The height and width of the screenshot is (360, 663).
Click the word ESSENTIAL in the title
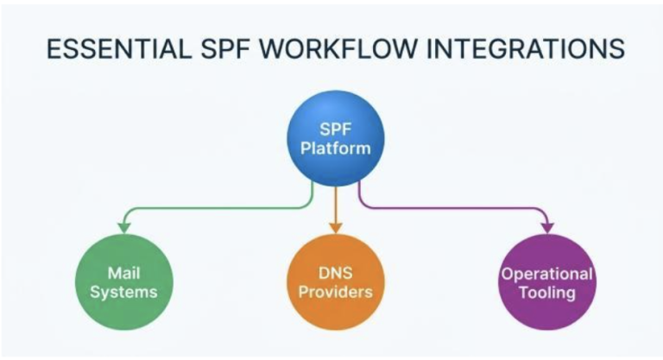coord(119,47)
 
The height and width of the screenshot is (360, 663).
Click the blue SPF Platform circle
coord(336,138)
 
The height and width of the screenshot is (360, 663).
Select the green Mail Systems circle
coord(124,282)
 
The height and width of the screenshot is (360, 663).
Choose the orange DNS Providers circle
coord(336,282)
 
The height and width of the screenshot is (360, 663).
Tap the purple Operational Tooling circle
coord(547,282)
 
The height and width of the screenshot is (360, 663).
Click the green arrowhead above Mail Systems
coord(124,228)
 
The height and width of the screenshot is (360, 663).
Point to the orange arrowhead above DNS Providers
coord(336,228)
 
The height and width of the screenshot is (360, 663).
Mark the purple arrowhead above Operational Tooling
coord(547,228)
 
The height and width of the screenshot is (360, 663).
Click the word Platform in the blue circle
coord(336,148)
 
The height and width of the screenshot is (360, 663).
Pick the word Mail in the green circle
coord(124,274)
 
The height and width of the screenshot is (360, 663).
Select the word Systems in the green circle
coord(124,293)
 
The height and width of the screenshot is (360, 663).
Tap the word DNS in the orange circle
coord(336,274)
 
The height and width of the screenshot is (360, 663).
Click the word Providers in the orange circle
coord(336,292)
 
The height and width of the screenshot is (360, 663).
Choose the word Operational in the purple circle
coord(547,275)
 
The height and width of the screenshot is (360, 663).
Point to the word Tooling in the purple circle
coord(547,293)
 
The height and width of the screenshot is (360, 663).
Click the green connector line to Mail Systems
coord(220,208)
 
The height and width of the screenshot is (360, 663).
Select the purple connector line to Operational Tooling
coord(452,208)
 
